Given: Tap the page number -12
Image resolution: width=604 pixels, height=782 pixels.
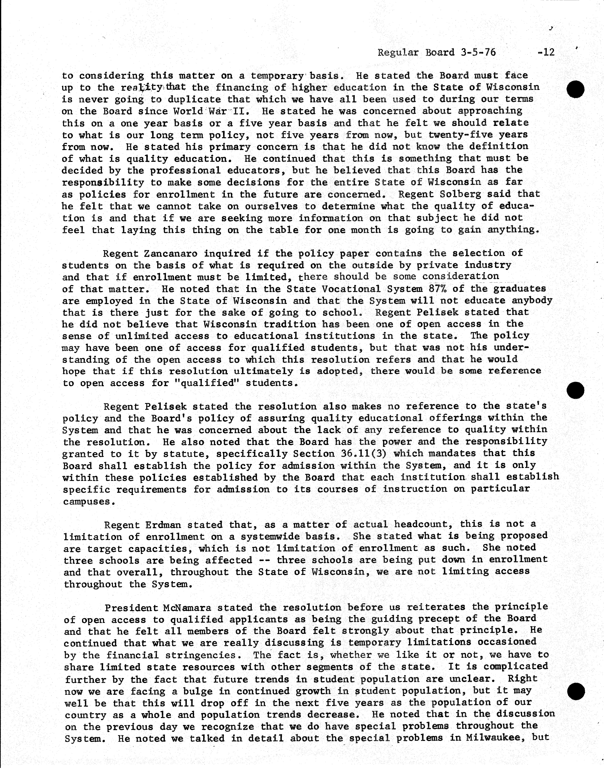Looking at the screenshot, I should click(x=546, y=53).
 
